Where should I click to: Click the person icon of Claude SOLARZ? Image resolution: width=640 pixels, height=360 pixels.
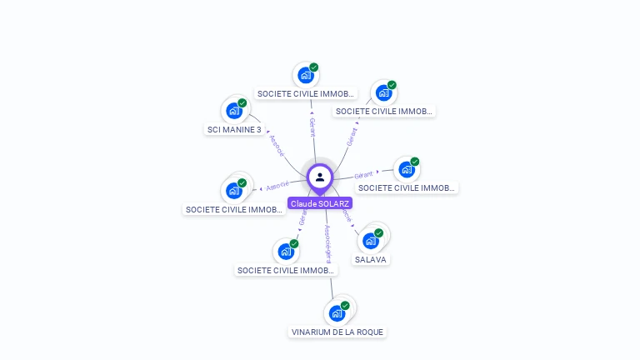[320, 177]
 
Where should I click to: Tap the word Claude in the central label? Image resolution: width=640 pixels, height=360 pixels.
[302, 203]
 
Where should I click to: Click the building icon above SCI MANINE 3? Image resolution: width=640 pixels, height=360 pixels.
[232, 110]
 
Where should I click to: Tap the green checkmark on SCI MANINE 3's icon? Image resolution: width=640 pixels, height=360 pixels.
[242, 103]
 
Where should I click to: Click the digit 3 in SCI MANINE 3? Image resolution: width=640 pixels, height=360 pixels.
[258, 130]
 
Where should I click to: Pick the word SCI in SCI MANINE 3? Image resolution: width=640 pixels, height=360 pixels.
[214, 130]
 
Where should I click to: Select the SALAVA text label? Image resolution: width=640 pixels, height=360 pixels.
[371, 260]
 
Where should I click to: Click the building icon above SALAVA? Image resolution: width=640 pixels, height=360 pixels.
[370, 241]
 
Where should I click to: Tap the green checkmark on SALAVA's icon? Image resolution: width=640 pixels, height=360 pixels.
[379, 233]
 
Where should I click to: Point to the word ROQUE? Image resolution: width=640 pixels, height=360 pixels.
[370, 332]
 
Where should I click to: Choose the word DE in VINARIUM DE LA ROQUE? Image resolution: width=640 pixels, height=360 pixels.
[340, 332]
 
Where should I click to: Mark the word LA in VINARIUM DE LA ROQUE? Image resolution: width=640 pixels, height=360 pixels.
[351, 332]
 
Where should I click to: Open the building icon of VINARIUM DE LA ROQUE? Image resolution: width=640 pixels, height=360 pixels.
[336, 313]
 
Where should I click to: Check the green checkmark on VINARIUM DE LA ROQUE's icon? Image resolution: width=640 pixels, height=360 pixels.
[345, 306]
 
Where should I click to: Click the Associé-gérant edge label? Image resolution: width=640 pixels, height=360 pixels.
[327, 244]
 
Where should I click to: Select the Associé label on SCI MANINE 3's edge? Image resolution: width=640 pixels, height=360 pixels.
[277, 147]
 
